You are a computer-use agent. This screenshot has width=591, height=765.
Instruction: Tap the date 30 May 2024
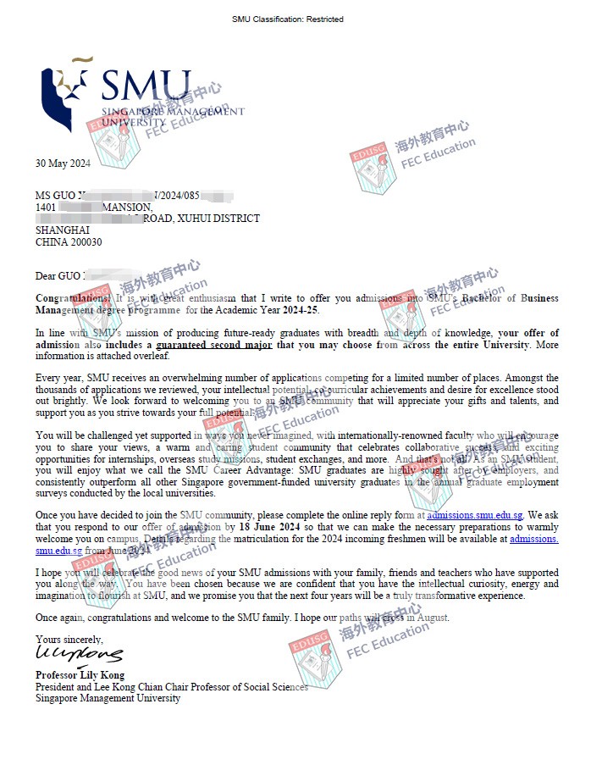coord(63,164)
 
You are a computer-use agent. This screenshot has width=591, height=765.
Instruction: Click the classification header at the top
coord(288,19)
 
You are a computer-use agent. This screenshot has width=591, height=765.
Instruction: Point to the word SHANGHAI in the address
coord(62,230)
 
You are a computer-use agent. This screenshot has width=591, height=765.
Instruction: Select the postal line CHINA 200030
coord(69,241)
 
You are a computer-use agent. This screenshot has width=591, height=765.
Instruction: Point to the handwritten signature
coord(78,655)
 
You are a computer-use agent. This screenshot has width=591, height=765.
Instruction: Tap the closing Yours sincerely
coord(69,638)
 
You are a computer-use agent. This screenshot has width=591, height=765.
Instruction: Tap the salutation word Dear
coord(45,275)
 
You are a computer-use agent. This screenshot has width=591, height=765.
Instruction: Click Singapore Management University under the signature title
coord(108,698)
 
